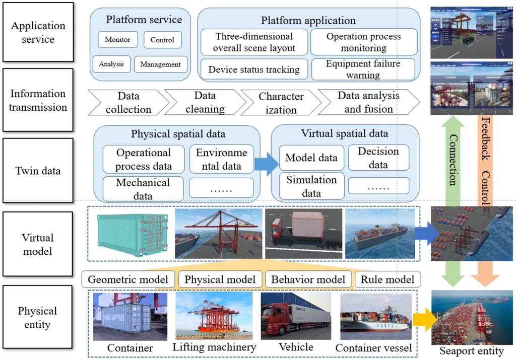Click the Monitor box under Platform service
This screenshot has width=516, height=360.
[117, 40]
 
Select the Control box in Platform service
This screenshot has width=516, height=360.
[162, 40]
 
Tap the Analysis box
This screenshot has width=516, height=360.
[111, 64]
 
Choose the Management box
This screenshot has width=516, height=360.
[160, 64]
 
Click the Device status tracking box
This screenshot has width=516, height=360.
[254, 69]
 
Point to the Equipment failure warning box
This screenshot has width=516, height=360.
[363, 69]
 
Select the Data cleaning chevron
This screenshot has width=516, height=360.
[204, 102]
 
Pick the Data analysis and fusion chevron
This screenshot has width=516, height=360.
[368, 102]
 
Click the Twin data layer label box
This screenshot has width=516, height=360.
[37, 171]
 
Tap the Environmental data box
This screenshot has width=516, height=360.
[221, 159]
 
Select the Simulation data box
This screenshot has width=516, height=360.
[311, 186]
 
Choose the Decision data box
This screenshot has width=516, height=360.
[378, 158]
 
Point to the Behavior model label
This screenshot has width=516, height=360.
[308, 279]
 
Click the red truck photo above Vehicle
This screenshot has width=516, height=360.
[295, 316]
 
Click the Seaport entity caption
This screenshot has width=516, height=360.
[472, 351]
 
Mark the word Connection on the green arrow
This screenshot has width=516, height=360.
[451, 160]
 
